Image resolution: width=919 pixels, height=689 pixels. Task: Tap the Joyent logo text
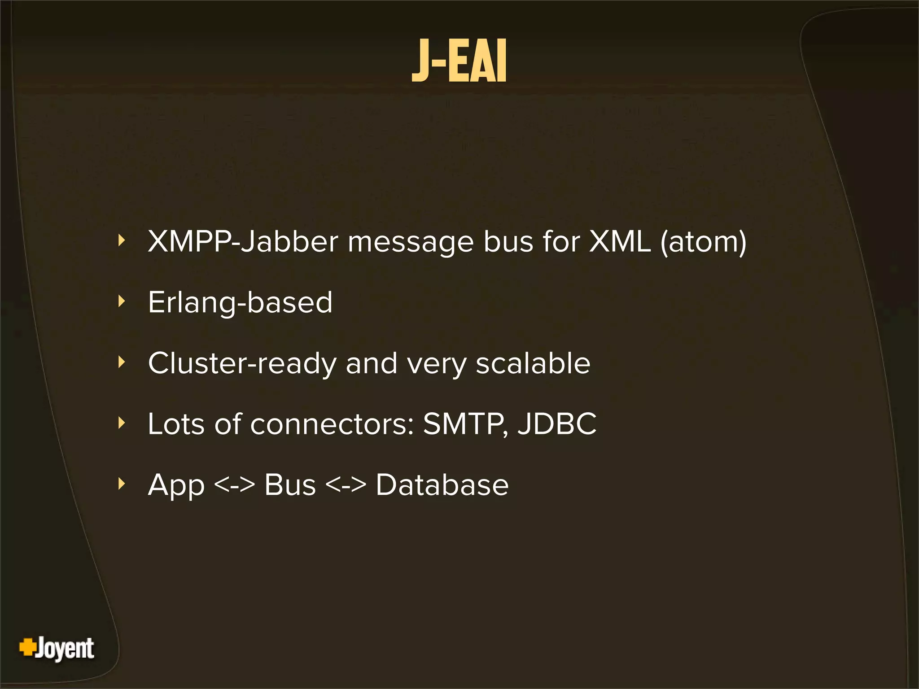(65, 648)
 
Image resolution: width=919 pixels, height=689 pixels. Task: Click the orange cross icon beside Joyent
(27, 647)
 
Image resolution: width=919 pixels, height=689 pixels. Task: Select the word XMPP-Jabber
(243, 242)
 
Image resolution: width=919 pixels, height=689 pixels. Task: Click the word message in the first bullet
(411, 243)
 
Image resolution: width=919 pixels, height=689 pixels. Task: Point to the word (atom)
(703, 242)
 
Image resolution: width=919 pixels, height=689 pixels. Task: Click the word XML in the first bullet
(620, 242)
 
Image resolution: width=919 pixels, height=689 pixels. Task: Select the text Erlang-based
(240, 303)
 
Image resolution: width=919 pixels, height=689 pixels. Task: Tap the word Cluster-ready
(242, 363)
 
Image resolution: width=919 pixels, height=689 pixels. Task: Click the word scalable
(533, 363)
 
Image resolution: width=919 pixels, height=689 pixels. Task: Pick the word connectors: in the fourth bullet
(332, 424)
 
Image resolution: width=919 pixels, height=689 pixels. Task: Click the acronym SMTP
(465, 424)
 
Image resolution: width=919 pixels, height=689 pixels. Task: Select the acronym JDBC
(557, 424)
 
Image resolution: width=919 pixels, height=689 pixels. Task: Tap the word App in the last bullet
(176, 485)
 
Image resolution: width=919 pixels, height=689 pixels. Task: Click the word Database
(442, 485)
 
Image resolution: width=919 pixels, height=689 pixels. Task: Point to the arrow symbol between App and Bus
(234, 485)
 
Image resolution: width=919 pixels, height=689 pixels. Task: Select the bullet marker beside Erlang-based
(121, 301)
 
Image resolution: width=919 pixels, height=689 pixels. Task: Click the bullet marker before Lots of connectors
(121, 423)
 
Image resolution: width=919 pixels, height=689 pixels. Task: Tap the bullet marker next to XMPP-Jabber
(121, 241)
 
